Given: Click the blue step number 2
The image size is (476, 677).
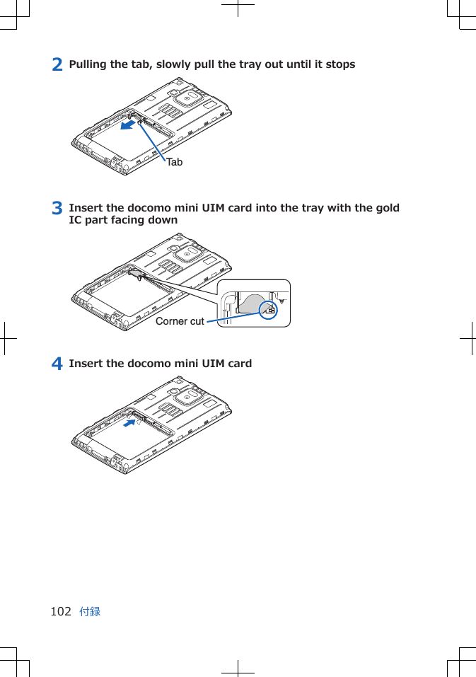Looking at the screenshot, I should click(x=57, y=64).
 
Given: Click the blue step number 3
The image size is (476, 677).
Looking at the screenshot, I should click(x=57, y=209).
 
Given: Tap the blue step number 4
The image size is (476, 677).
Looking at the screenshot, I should click(x=57, y=364).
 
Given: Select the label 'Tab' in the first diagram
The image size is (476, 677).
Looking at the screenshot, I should click(x=175, y=162).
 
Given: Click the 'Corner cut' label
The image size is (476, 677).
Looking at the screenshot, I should click(x=180, y=321).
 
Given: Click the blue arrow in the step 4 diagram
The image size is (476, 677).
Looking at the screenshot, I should click(x=129, y=423).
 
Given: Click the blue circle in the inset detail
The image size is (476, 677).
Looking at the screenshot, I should click(x=269, y=308).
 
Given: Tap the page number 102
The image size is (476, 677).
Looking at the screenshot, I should click(x=61, y=611).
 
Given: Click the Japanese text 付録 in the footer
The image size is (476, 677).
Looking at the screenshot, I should click(x=90, y=611).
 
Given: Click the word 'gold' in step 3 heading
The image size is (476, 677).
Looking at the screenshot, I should click(x=387, y=208).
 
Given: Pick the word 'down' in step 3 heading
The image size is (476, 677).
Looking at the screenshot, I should click(x=163, y=220).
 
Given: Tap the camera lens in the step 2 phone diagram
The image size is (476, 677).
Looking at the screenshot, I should click(x=187, y=99).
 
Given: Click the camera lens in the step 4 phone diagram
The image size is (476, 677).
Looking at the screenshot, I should click(x=187, y=397).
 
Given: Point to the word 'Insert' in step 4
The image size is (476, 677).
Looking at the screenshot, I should click(x=86, y=364).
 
